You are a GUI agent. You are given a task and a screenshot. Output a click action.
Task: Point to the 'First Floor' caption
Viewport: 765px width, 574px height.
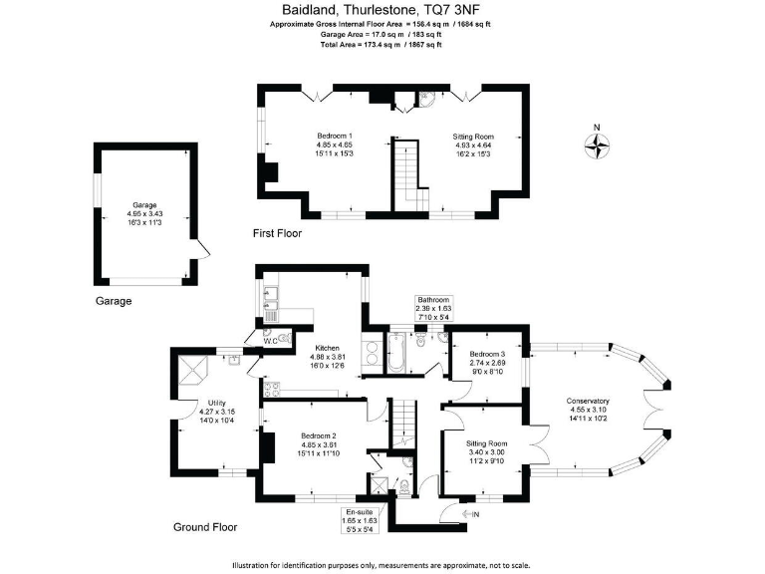277,234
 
